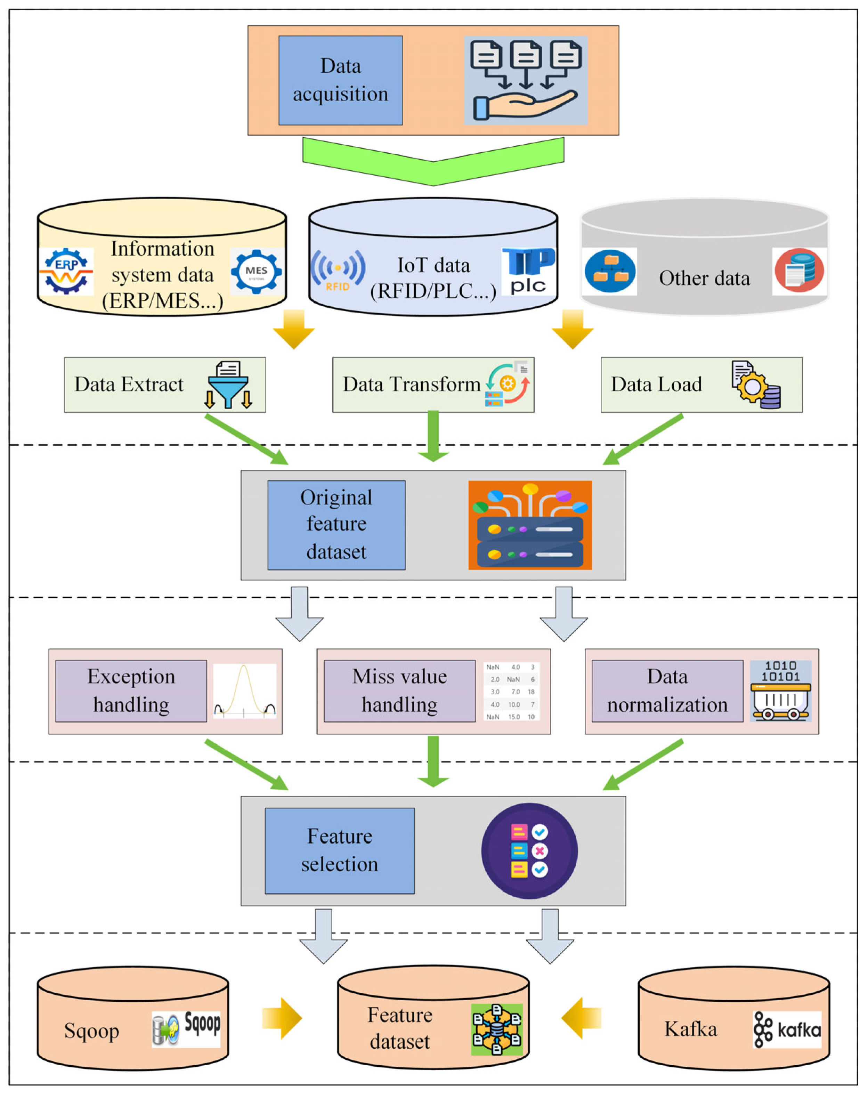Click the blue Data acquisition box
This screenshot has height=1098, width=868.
[x=341, y=80]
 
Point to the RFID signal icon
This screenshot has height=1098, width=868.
[x=338, y=270]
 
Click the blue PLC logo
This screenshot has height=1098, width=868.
[x=528, y=271]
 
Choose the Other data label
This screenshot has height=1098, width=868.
[x=704, y=278]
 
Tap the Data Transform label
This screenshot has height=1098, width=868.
[x=411, y=384]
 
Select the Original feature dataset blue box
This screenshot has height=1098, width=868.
[x=336, y=525]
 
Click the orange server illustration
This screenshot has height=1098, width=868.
[x=530, y=525]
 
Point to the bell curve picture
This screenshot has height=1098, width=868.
[x=244, y=691]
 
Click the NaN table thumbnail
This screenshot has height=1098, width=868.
[x=511, y=691]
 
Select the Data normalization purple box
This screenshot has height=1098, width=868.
[x=667, y=691]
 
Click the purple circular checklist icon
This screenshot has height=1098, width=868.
[x=529, y=851]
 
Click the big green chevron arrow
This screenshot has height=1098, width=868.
[x=433, y=161]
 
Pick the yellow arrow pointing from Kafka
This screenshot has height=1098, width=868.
[x=581, y=1018]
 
